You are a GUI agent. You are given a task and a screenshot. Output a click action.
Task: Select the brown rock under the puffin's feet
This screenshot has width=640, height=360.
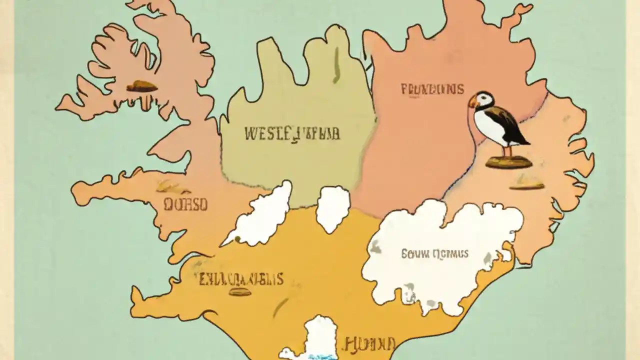(508, 162)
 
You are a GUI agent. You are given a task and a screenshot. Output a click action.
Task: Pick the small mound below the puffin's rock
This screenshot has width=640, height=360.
(526, 185)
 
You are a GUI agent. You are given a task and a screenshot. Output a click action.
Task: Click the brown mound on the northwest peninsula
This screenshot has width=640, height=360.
(141, 86)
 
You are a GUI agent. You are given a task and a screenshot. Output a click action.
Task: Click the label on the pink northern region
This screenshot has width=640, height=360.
(432, 90)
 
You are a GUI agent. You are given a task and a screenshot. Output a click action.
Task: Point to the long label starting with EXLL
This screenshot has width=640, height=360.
(241, 279)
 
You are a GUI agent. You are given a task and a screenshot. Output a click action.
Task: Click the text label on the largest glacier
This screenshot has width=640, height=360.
(434, 254)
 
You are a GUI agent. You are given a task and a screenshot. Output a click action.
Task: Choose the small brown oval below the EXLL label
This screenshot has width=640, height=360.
(239, 292)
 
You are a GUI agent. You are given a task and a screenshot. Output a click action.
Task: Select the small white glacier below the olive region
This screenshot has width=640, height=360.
(332, 207)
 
